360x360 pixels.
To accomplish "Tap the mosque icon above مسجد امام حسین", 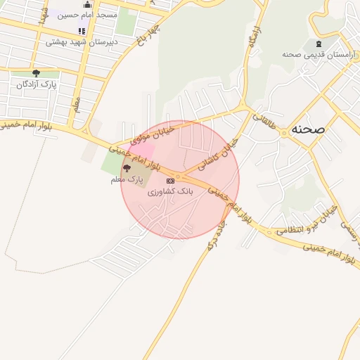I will [x=88, y=5].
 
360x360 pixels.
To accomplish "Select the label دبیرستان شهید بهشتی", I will [x=82, y=41].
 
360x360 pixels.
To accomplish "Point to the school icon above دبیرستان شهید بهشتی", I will [x=82, y=31].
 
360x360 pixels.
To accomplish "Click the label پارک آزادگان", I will [x=36, y=84].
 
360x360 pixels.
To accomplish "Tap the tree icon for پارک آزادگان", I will [x=36, y=73].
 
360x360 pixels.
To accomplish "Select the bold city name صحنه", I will [x=309, y=129].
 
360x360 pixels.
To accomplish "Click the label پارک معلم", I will [x=127, y=180].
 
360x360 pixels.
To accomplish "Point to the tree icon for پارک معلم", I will [x=127, y=169].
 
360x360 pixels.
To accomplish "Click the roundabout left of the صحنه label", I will [x=284, y=131].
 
